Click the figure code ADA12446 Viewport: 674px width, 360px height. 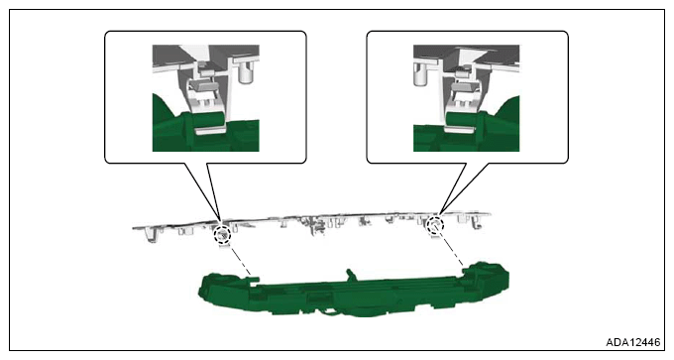pos(632,342)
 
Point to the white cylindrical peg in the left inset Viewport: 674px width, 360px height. pos(247,71)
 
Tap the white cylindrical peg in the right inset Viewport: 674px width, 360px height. pos(421,73)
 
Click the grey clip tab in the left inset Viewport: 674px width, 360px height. pos(203,85)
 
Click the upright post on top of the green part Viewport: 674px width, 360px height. pos(351,275)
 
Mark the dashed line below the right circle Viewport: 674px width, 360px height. pos(451,250)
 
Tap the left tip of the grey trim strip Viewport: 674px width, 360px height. pos(133,227)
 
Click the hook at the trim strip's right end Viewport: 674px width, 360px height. pos(476,222)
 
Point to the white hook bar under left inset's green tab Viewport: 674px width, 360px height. pos(209,130)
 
